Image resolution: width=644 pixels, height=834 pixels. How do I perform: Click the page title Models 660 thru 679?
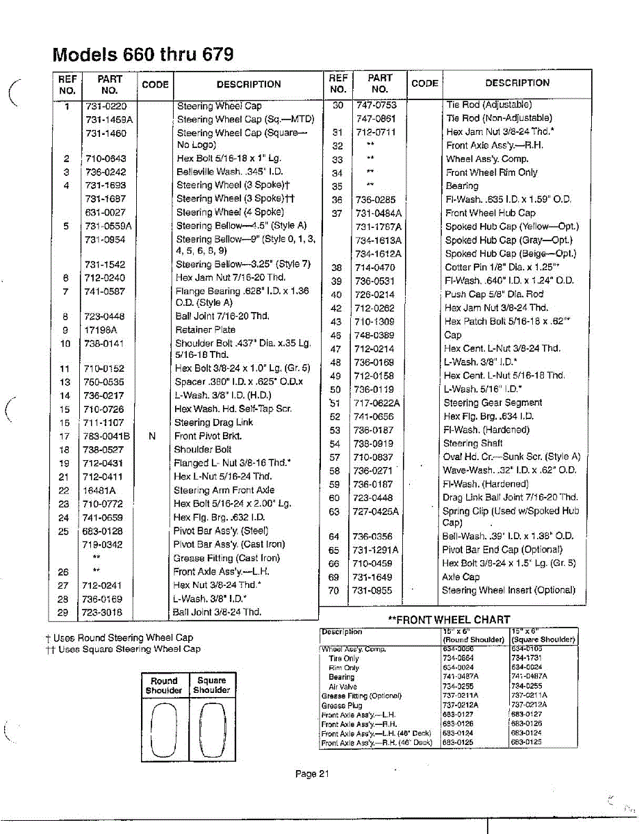[143, 54]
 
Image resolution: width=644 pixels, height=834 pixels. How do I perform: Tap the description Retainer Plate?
[206, 330]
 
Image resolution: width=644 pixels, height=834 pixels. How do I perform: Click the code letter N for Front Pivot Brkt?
[151, 436]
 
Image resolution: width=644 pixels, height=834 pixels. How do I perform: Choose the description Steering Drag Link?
[213, 423]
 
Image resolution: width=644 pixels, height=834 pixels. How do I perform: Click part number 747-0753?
[376, 105]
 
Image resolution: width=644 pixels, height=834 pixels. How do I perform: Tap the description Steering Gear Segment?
[493, 403]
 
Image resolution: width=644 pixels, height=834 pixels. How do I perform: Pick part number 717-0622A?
[377, 403]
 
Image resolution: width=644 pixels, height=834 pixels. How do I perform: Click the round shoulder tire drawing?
[163, 729]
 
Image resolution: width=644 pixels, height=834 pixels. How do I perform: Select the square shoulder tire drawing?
[211, 729]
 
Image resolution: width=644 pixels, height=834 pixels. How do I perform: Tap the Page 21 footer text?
[311, 774]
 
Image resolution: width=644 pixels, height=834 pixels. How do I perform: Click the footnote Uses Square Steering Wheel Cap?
[129, 649]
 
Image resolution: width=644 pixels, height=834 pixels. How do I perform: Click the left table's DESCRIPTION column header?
[249, 85]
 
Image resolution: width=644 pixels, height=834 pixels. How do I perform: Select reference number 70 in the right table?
[333, 591]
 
